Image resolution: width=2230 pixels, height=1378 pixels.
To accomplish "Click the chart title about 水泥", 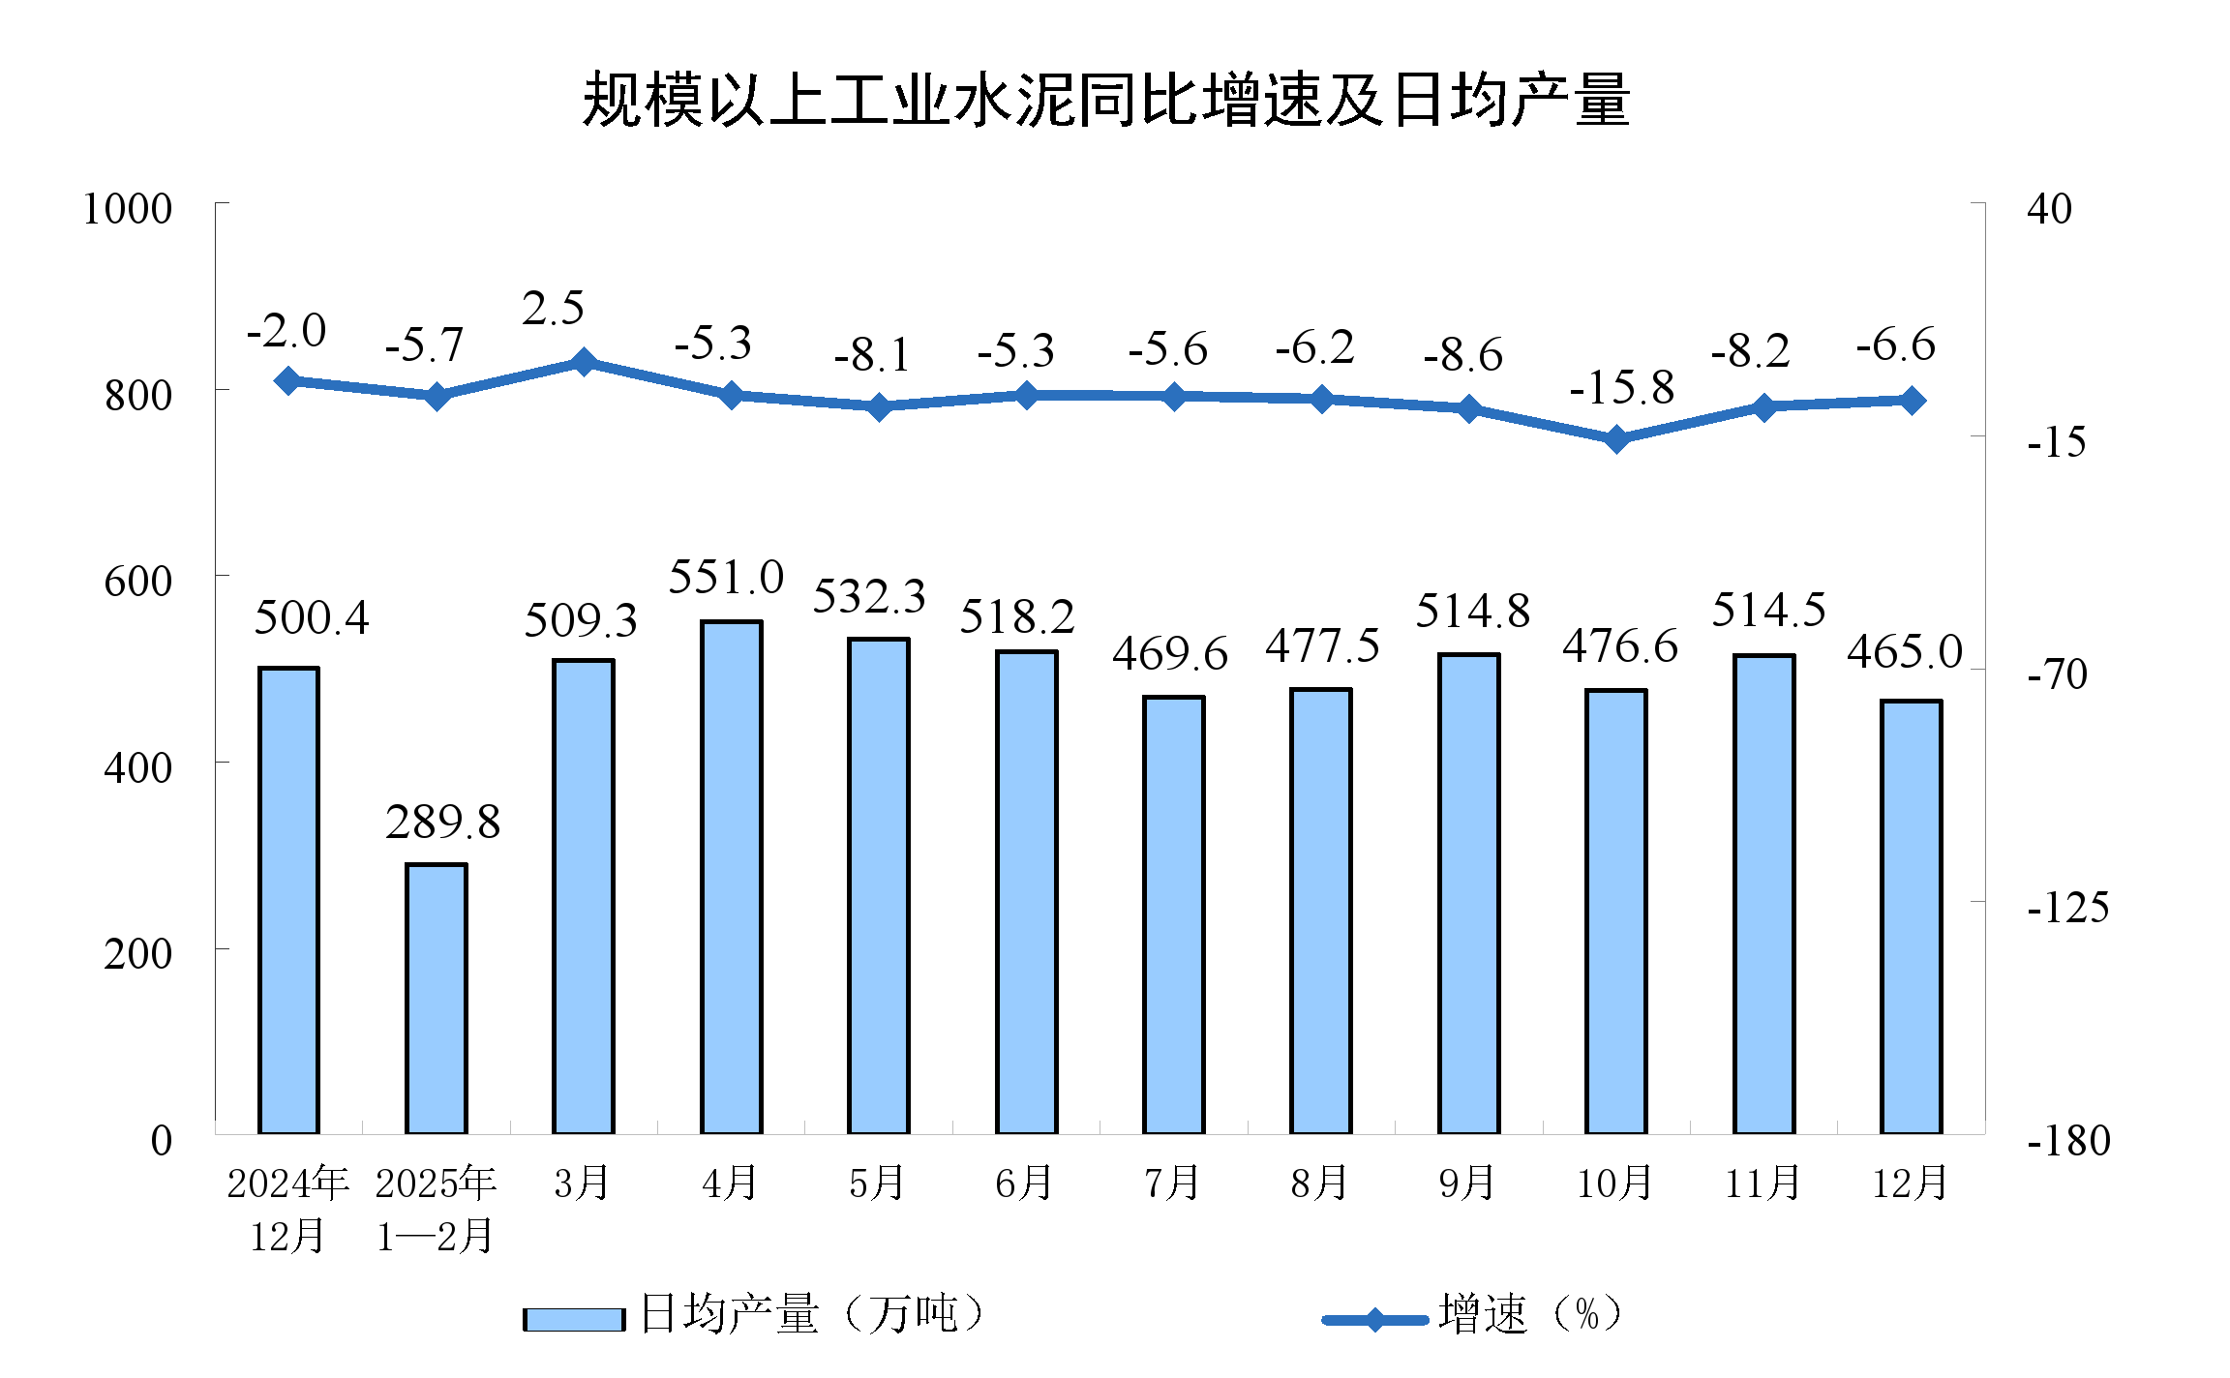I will coord(1105,100).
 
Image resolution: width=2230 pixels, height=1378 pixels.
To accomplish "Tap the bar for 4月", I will coord(731,876).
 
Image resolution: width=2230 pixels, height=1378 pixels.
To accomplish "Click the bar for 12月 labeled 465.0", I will coord(1911,915).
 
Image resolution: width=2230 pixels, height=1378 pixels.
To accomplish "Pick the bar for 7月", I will coord(1173,914).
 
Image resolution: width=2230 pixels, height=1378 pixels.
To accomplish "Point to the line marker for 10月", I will coord(1615,440).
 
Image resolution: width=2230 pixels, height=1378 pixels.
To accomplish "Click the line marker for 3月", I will coord(583,363).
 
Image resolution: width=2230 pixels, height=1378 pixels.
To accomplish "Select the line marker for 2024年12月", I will coord(287,381).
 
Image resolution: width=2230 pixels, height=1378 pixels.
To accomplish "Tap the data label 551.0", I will coord(726,578).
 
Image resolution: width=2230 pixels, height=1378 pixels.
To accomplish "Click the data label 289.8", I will coord(442,823).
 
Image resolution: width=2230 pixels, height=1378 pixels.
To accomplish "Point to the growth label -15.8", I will coord(1621,388).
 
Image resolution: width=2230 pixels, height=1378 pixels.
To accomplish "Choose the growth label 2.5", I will coord(553,309).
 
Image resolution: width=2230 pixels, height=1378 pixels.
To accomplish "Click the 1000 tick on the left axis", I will coord(127,209).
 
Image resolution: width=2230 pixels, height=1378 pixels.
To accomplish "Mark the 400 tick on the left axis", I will coord(137,768).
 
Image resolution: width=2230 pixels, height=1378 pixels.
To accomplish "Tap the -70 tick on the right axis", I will coord(2057,674).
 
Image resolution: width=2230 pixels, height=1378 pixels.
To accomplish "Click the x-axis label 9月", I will coord(1467,1183).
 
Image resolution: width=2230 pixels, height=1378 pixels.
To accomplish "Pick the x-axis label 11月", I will coord(1763,1183).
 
